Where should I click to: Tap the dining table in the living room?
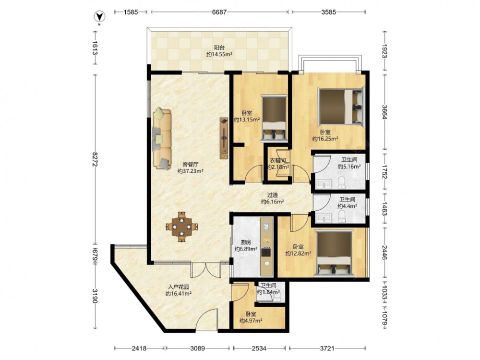click(182, 227)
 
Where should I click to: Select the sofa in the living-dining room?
click(162, 138)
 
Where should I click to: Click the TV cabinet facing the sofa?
click(224, 138)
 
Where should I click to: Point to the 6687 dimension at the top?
click(219, 12)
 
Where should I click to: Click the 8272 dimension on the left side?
click(95, 159)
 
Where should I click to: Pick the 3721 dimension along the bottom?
click(327, 348)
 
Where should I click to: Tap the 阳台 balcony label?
click(219, 48)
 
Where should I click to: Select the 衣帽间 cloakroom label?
click(278, 160)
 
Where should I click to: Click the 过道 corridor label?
click(273, 195)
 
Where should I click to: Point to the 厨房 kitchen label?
click(245, 242)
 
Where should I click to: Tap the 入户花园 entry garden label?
click(179, 287)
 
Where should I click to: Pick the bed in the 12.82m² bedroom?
click(334, 254)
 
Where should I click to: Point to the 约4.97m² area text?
click(251, 321)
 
